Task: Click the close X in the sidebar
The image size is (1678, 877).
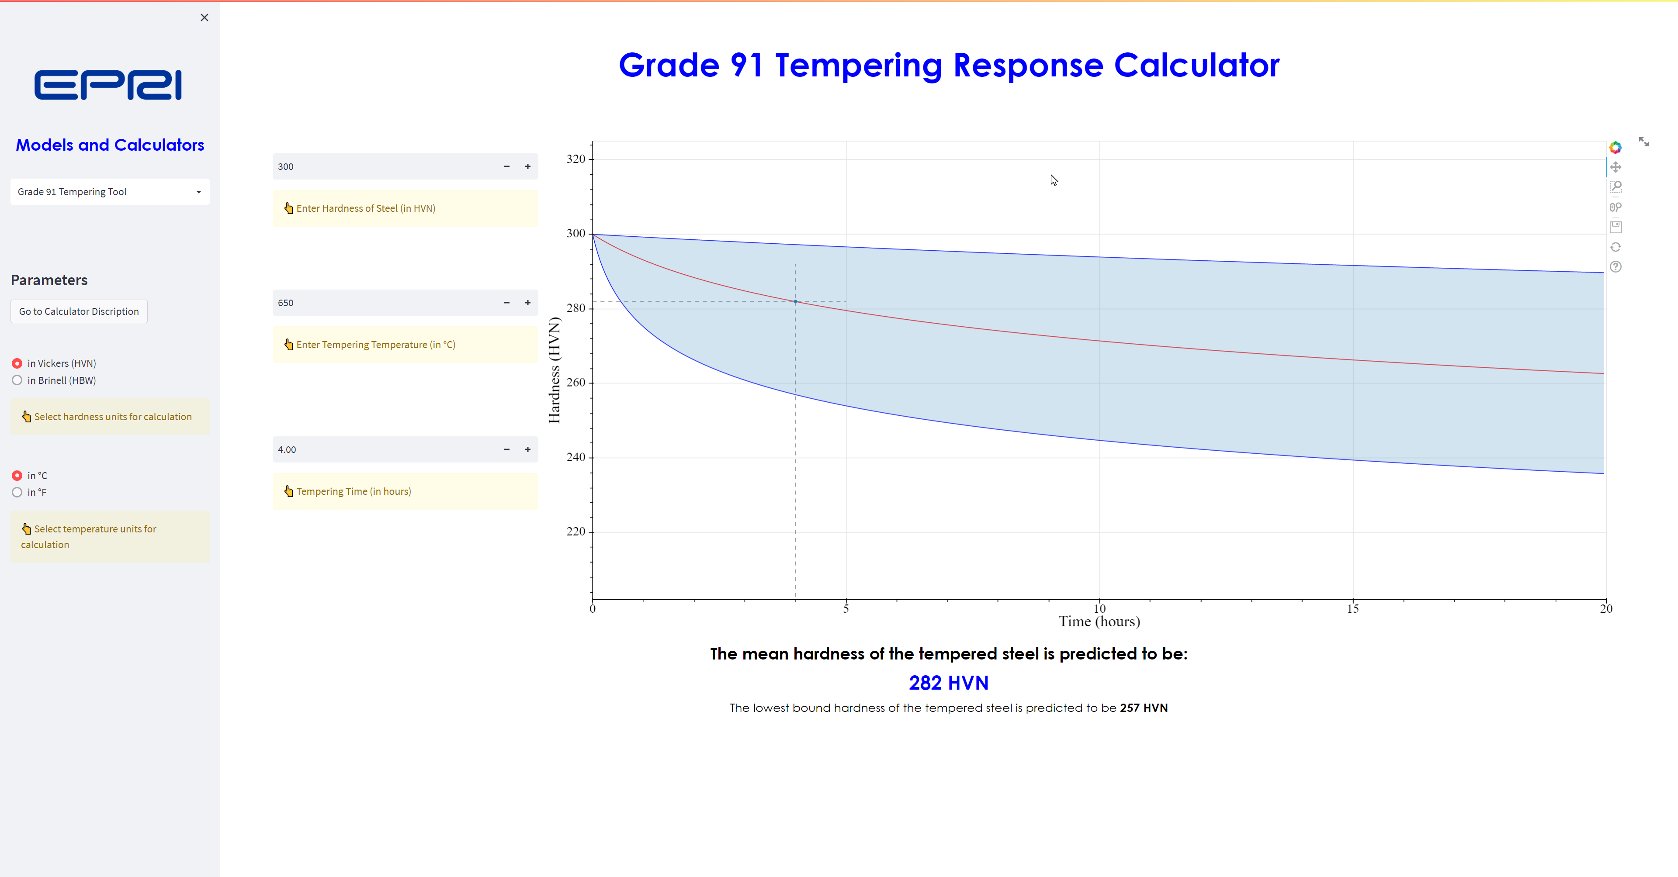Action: click(205, 17)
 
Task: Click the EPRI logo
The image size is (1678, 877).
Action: click(108, 85)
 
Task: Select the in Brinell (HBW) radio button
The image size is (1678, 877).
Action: click(17, 380)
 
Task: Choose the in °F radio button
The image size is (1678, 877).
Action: click(17, 492)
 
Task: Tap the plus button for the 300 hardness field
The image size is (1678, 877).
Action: click(527, 167)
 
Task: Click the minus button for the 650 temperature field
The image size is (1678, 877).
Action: click(507, 303)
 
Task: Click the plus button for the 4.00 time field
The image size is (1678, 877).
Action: click(527, 449)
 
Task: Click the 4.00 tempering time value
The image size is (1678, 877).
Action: click(287, 450)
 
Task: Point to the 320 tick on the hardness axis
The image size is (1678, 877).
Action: click(576, 159)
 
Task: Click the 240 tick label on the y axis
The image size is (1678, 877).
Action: click(576, 457)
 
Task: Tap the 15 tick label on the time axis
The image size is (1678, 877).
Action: click(1353, 609)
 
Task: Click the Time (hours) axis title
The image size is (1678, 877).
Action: click(1099, 622)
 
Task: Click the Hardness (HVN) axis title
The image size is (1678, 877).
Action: click(555, 370)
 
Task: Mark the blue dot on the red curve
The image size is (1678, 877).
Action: click(795, 301)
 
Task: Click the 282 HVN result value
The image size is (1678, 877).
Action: click(948, 683)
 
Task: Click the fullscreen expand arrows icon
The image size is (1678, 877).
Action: click(1643, 142)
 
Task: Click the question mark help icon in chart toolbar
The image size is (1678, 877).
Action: click(1616, 267)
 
